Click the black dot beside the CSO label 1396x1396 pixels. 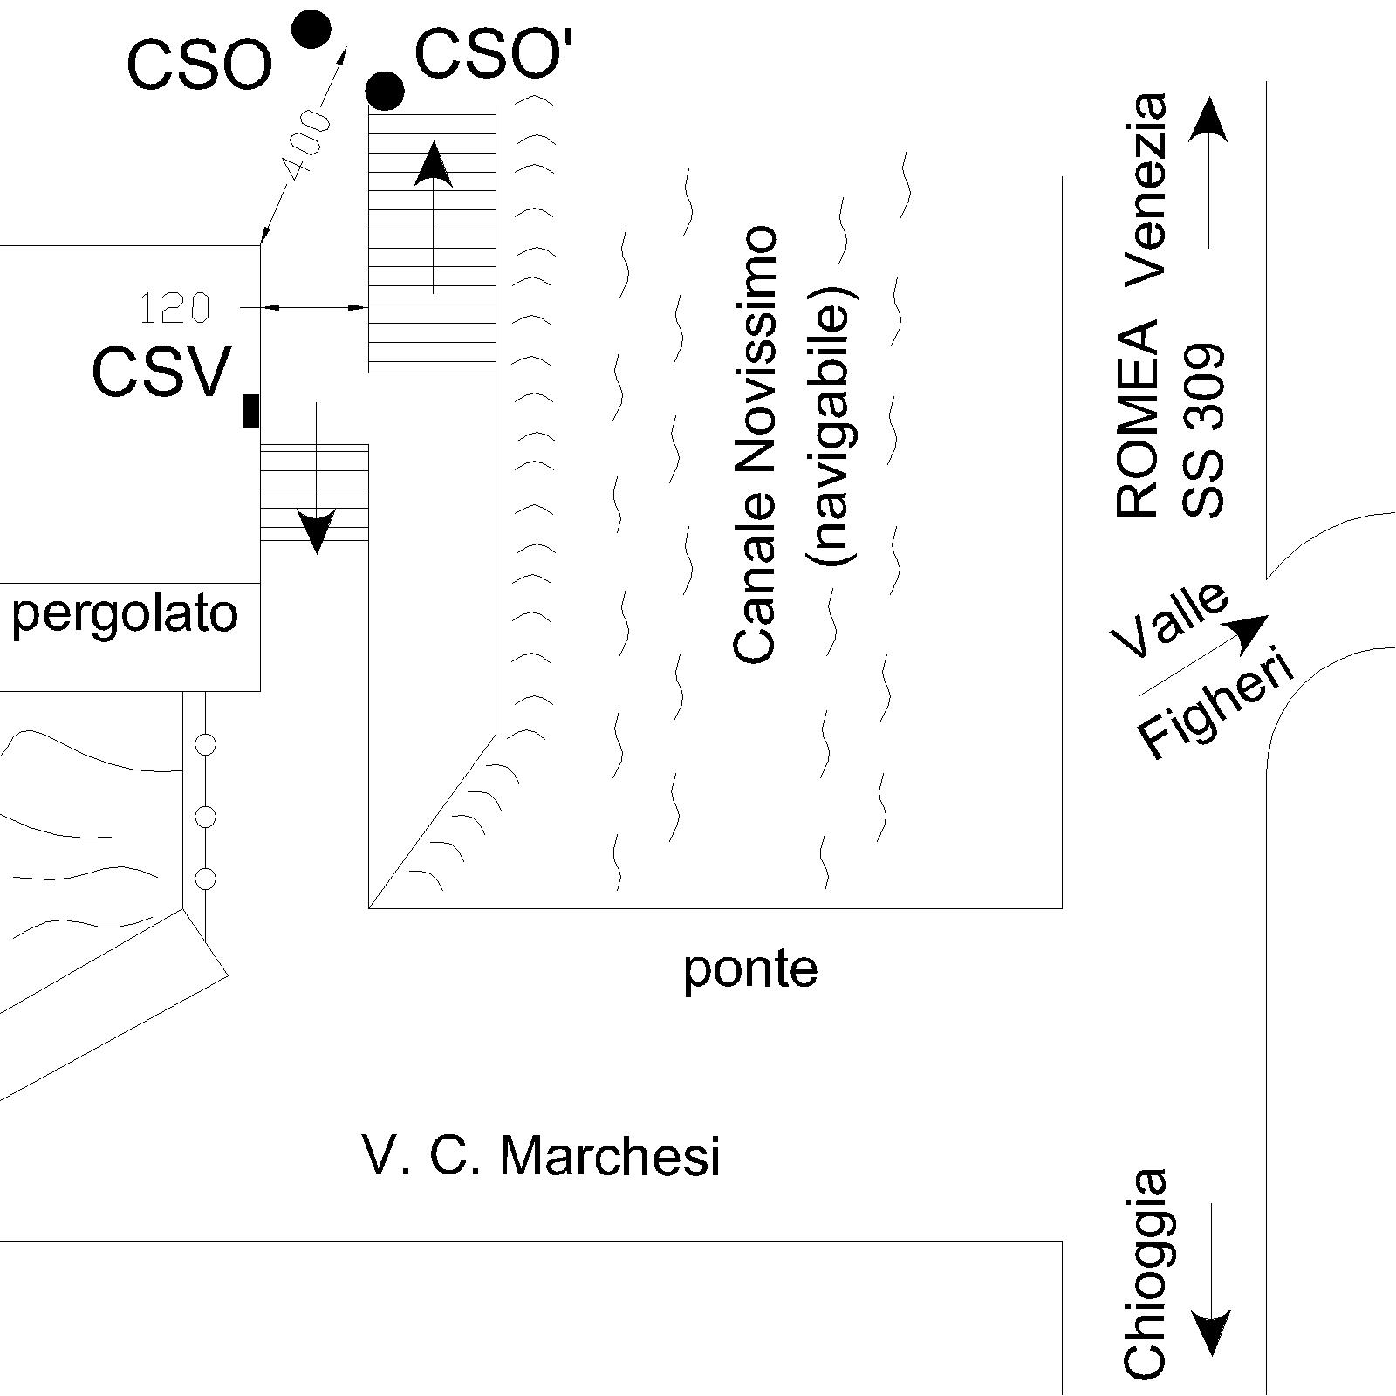click(x=311, y=30)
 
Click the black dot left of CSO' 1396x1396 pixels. click(x=385, y=90)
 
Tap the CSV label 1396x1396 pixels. click(x=162, y=372)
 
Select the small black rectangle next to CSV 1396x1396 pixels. click(x=250, y=411)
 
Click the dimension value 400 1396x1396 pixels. click(x=306, y=144)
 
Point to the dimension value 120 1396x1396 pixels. click(x=175, y=308)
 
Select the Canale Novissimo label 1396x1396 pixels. click(x=755, y=444)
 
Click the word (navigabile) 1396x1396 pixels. click(x=833, y=426)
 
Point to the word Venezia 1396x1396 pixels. click(x=1144, y=189)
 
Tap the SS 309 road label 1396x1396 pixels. click(x=1203, y=431)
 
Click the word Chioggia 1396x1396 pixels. click(x=1145, y=1274)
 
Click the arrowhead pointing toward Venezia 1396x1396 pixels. click(x=1208, y=120)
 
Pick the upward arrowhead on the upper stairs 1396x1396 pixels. click(x=433, y=166)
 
